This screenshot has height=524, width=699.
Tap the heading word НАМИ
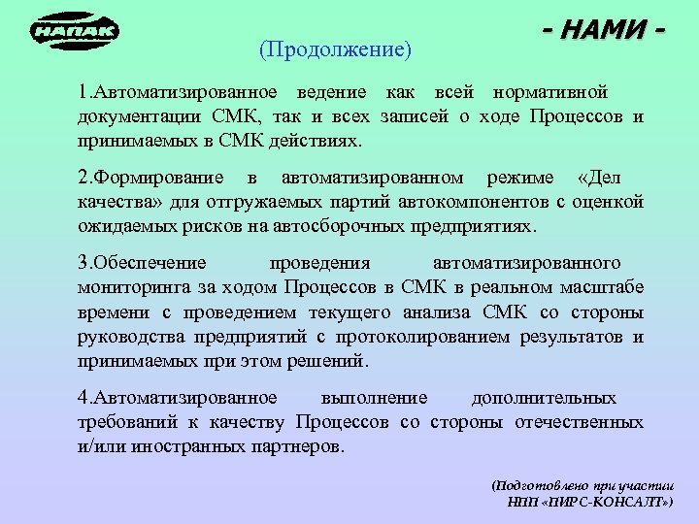click(604, 31)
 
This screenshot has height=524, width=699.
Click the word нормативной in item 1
click(550, 93)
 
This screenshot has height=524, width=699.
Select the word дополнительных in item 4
click(544, 398)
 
